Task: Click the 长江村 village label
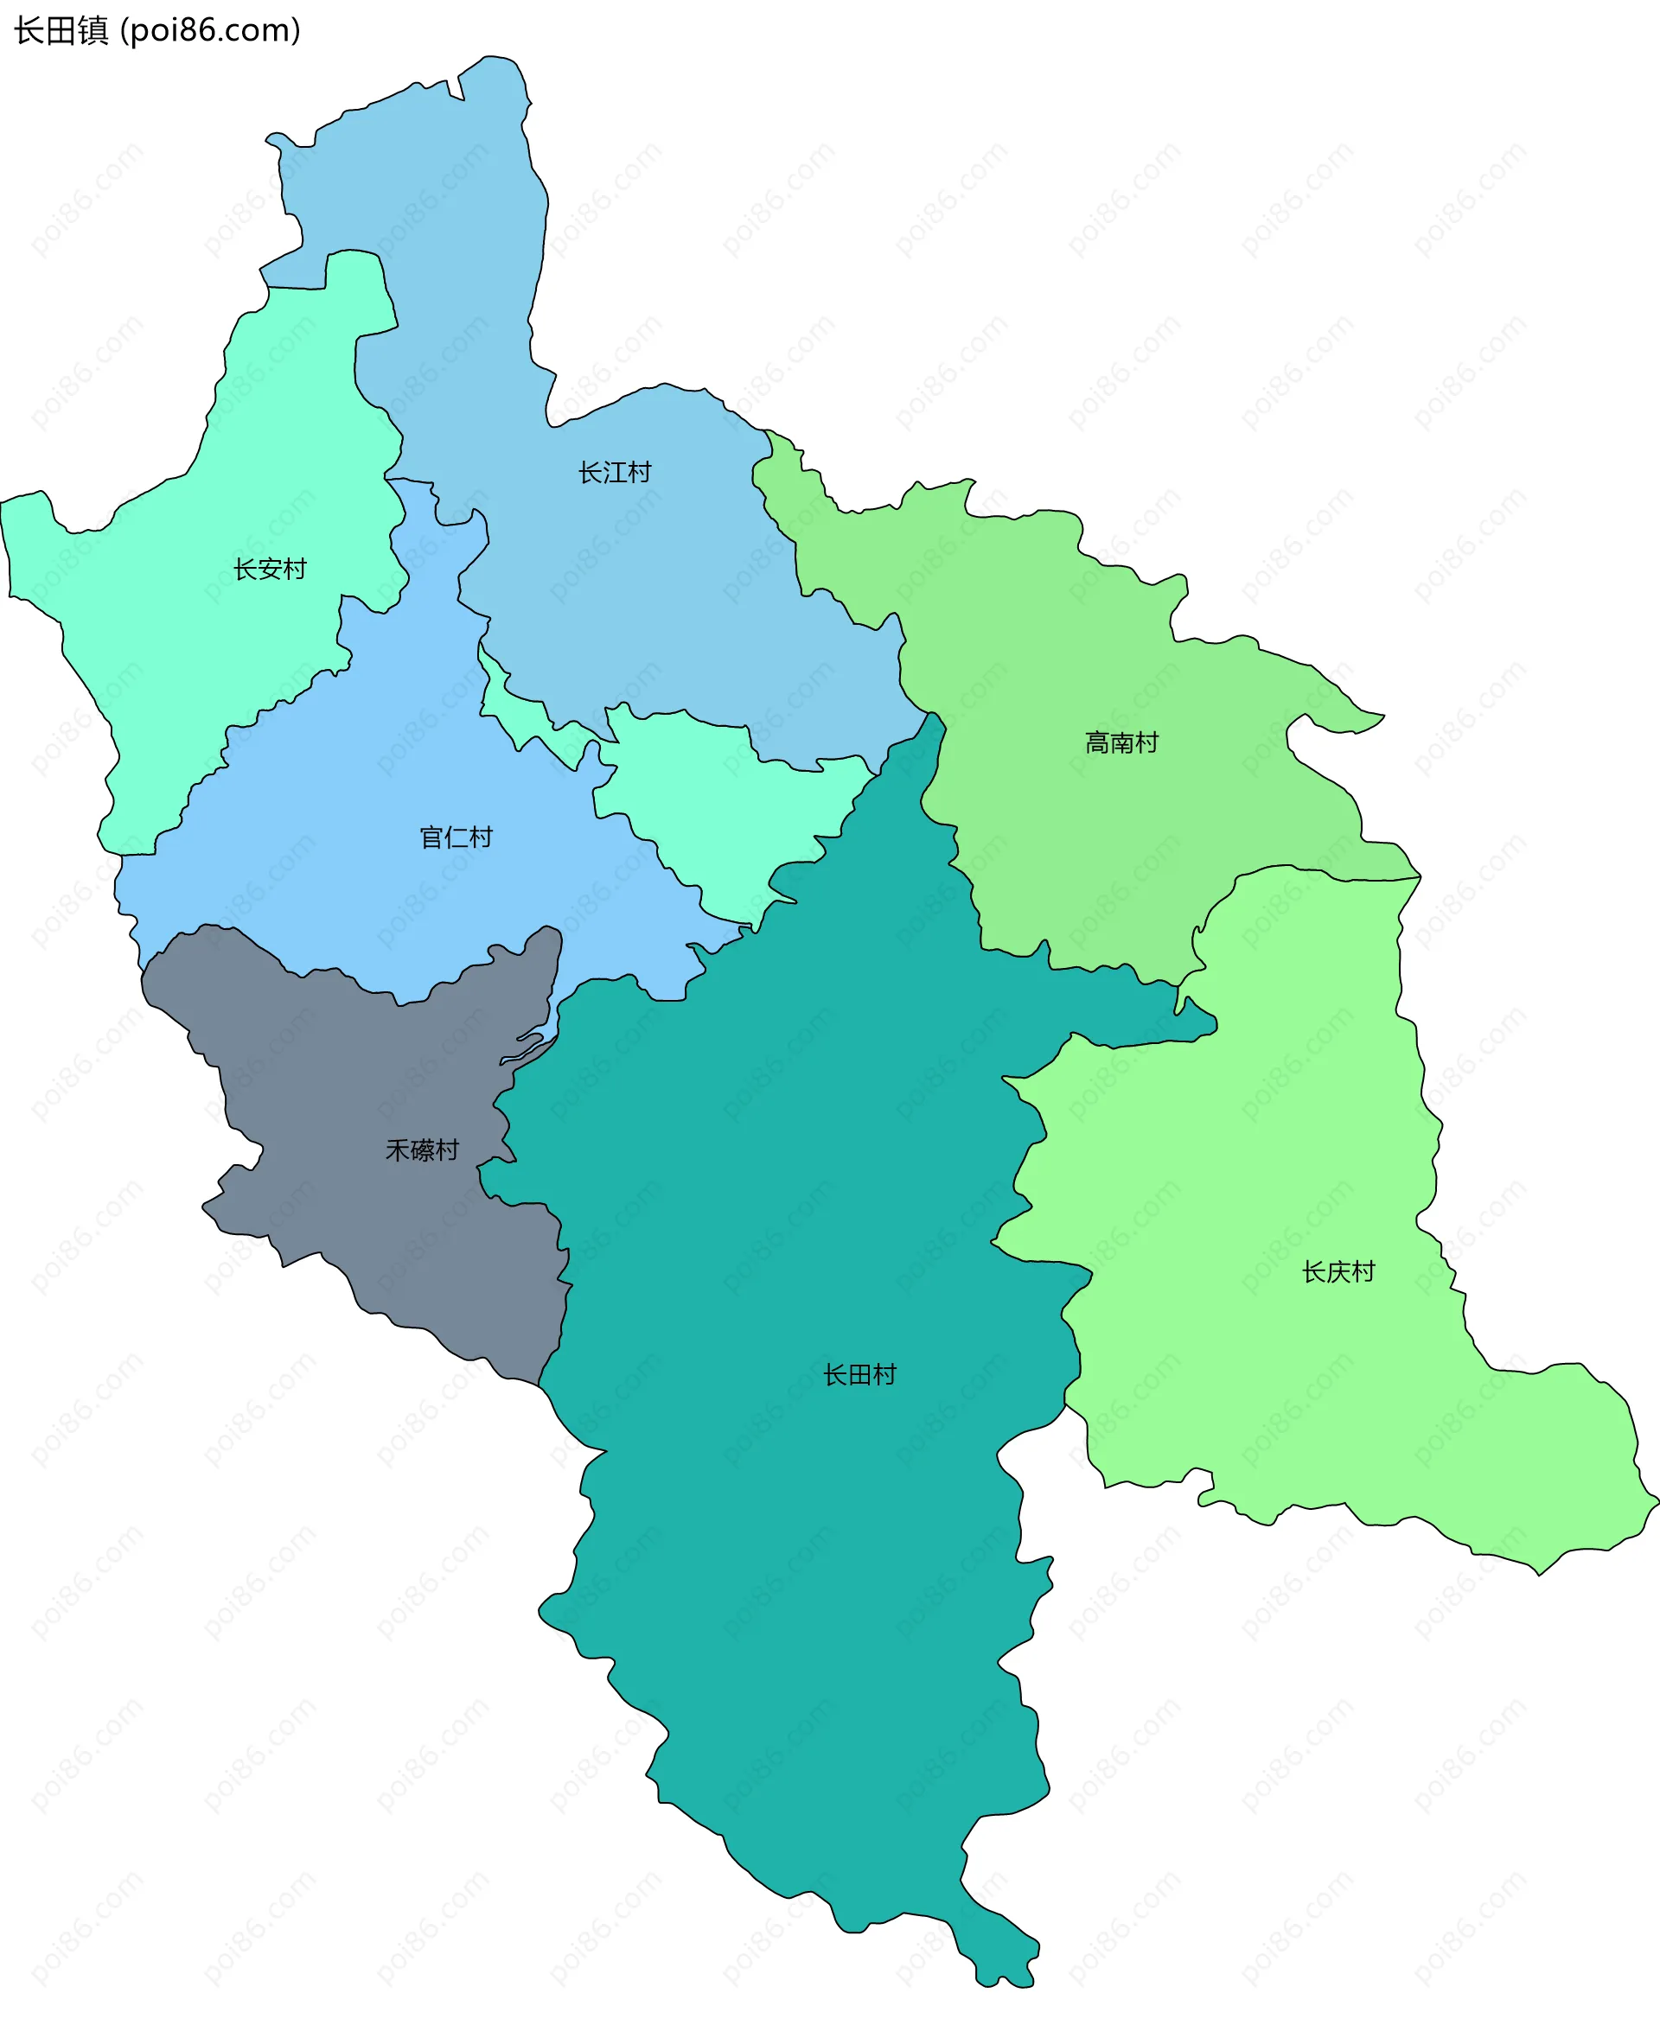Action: tap(614, 472)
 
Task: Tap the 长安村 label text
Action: tap(270, 569)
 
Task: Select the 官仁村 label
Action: tap(456, 837)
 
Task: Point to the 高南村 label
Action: tap(1120, 742)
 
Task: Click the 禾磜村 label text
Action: tap(422, 1149)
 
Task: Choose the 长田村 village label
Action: tap(859, 1375)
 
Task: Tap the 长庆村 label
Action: tap(1338, 1271)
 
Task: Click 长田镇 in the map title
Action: tap(61, 30)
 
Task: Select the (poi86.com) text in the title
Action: tap(210, 30)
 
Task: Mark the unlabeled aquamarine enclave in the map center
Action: tap(727, 812)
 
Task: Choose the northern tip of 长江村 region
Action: tap(493, 81)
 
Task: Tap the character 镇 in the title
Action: tap(93, 30)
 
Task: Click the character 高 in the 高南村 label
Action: tap(1097, 742)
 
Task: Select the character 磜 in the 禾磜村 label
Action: tap(422, 1149)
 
